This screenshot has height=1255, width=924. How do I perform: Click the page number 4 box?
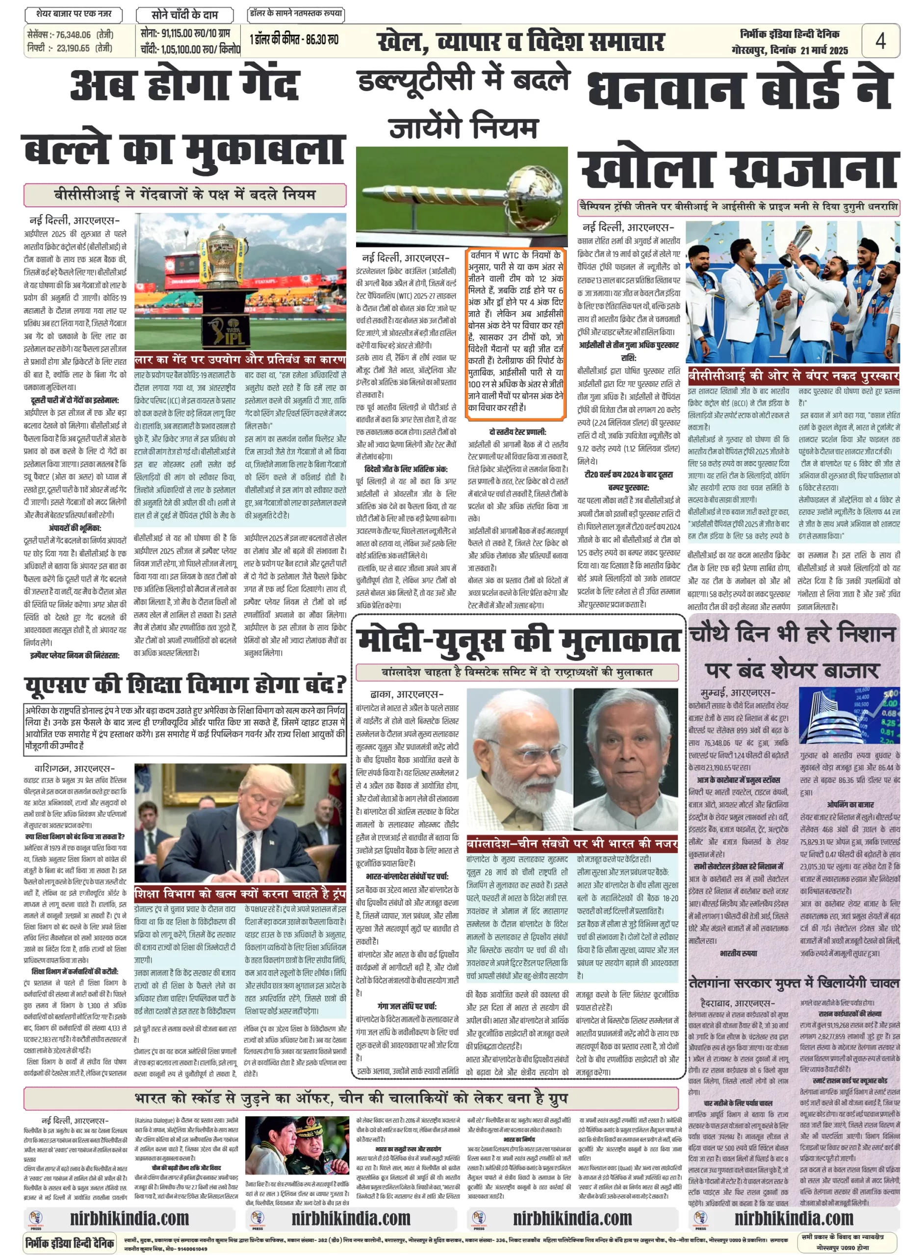click(880, 40)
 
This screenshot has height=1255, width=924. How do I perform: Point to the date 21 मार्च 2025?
click(824, 50)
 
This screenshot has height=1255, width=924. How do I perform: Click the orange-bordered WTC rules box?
click(515, 331)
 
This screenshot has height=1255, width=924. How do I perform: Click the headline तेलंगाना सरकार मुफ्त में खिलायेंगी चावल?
click(794, 981)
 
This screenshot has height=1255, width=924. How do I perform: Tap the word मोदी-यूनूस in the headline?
click(436, 641)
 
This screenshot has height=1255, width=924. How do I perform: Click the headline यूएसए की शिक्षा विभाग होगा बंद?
click(184, 684)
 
